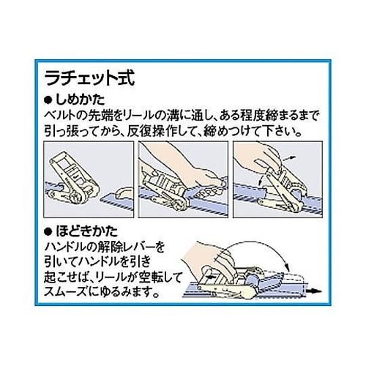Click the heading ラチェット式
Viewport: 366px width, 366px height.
[90, 78]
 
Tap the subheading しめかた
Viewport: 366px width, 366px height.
[81, 100]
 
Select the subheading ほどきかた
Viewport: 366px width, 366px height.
[86, 231]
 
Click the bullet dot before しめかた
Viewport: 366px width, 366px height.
[48, 100]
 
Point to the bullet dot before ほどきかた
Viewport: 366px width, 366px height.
[48, 232]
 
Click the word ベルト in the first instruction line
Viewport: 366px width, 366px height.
[62, 116]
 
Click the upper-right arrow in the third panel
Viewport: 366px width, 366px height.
[290, 158]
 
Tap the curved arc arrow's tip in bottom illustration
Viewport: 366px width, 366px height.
[288, 268]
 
